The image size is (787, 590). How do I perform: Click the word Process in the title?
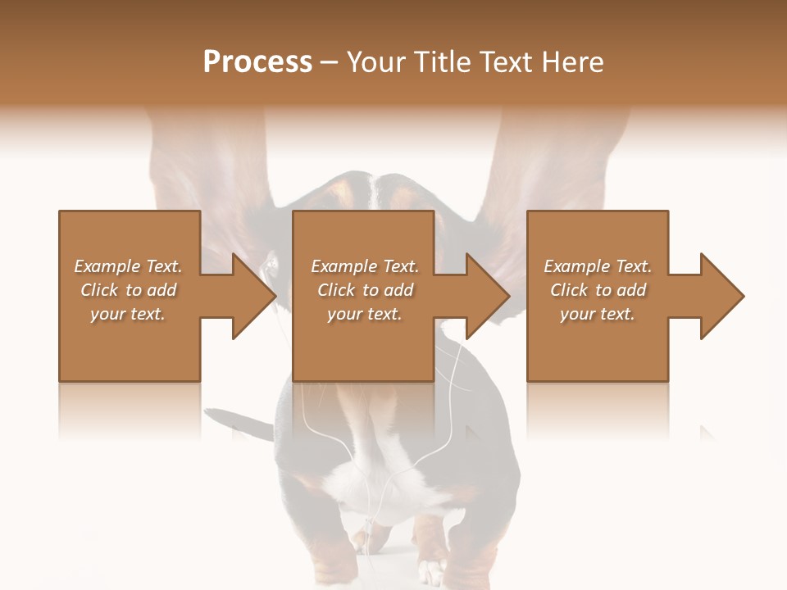point(257,61)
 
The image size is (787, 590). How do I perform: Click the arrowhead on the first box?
point(250,296)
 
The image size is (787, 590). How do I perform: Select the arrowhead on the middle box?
point(484,296)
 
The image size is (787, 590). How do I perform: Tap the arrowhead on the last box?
point(718,296)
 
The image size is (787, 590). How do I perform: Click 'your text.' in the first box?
point(127,314)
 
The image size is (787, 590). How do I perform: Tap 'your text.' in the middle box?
point(364,314)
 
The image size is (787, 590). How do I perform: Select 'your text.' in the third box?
point(597,314)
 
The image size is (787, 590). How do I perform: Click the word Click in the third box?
point(569,290)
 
